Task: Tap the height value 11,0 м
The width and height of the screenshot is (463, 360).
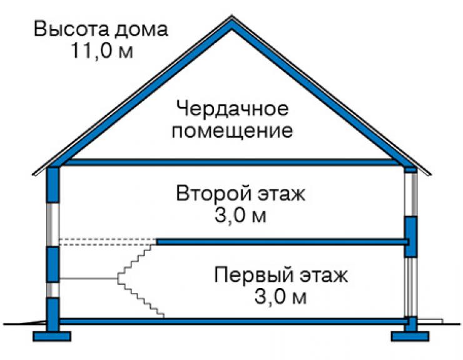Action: [x=102, y=50]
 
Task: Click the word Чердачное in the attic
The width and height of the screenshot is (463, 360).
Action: [x=232, y=109]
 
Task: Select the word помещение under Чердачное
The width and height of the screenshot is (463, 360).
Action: [x=232, y=130]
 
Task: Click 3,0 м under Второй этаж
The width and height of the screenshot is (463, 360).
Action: [x=240, y=215]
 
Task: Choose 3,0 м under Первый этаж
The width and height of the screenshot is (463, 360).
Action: [x=280, y=297]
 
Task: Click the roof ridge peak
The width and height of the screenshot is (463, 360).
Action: [x=232, y=18]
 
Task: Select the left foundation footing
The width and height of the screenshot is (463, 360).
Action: [x=52, y=336]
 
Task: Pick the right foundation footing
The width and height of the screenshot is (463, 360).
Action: [x=410, y=336]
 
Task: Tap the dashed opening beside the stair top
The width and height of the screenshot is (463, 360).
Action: [x=108, y=242]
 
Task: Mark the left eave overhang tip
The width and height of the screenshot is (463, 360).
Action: [x=33, y=175]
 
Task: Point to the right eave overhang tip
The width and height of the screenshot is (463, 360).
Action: [x=430, y=174]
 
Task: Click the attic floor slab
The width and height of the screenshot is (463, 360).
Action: [x=232, y=162]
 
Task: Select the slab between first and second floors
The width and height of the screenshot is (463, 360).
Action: [x=282, y=242]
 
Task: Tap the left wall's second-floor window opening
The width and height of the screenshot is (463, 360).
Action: [x=53, y=224]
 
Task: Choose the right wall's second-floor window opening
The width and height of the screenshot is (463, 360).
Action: [x=410, y=194]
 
